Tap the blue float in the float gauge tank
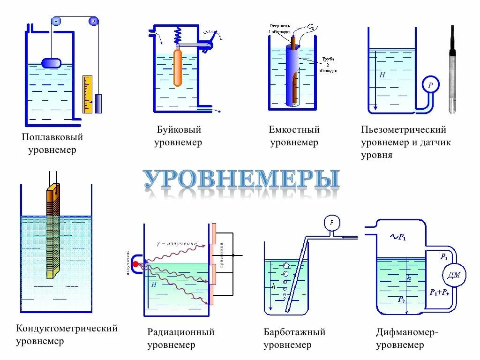[x=51, y=63]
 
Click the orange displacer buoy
[x=178, y=68]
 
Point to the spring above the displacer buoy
[x=178, y=35]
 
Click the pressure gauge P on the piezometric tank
[x=430, y=85]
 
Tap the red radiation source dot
[x=136, y=264]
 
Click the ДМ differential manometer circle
[x=454, y=275]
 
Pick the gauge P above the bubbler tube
[x=332, y=222]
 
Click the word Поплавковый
[x=52, y=137]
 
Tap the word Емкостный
[x=294, y=130]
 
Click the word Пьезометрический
[x=404, y=130]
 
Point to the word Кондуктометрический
[x=67, y=329]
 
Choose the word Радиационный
[x=181, y=332]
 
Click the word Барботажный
[x=294, y=332]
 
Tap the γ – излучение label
[x=176, y=244]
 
